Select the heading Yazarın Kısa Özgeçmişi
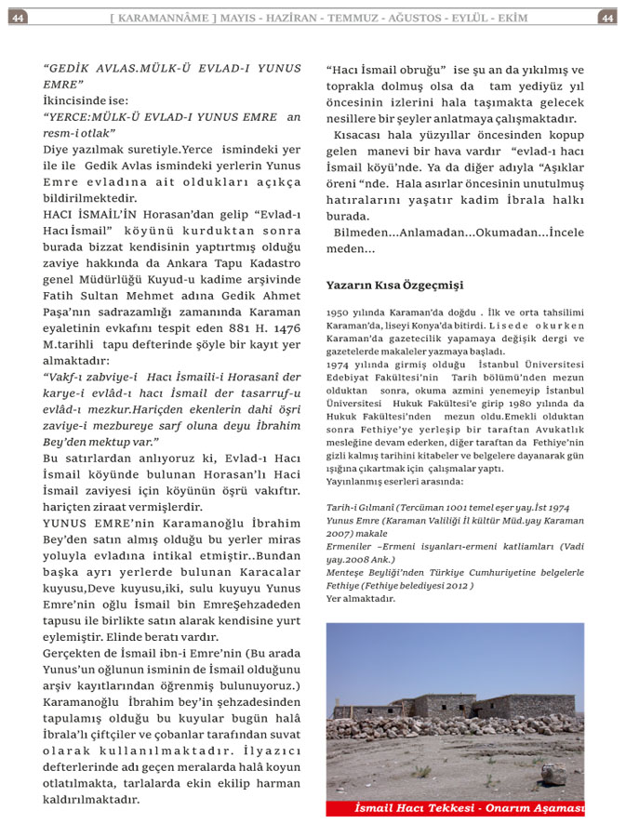coord(394,285)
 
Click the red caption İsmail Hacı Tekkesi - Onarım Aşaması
coord(469,808)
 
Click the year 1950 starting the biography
coord(338,313)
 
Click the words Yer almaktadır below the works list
coord(361,598)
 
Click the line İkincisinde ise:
coord(86,100)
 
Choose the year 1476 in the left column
coord(285,327)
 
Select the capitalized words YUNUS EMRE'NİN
coord(101,524)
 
